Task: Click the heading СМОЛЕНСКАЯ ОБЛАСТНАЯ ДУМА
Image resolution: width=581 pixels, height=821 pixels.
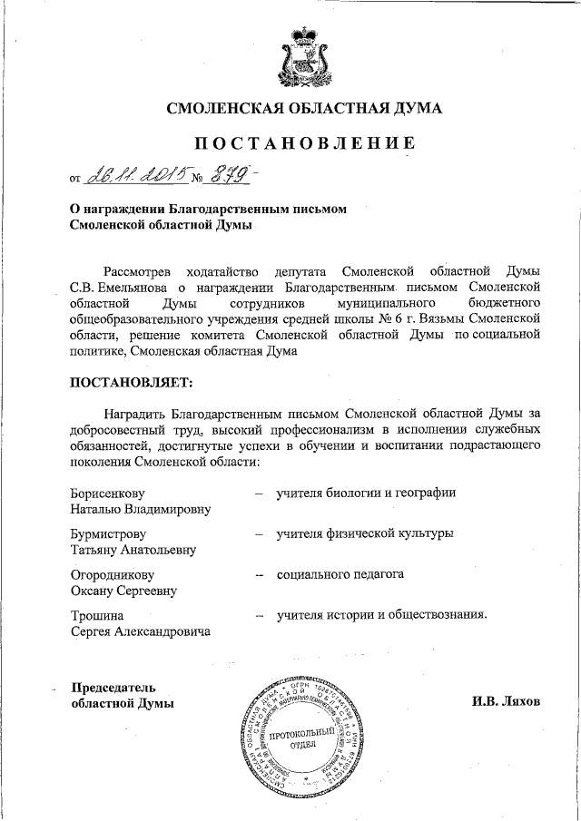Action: pos(304,109)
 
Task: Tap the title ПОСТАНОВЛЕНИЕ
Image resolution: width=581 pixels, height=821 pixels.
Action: pos(304,142)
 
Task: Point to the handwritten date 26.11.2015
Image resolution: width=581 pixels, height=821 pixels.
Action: pos(137,172)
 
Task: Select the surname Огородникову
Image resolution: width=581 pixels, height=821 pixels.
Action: pos(113,574)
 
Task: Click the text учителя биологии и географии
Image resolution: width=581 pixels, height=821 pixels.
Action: pos(367,493)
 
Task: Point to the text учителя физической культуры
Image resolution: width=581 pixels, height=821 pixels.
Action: pos(365,533)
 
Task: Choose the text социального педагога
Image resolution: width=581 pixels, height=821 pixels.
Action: pos(340,574)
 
